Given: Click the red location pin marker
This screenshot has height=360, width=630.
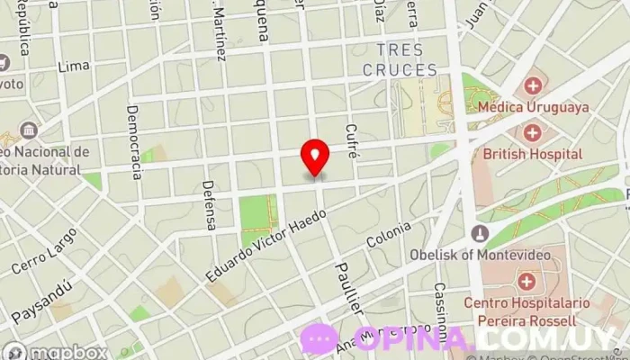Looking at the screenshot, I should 315,158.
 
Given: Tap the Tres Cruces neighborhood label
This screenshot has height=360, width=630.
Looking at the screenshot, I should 400,59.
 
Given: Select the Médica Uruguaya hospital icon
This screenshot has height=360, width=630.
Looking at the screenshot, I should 534,87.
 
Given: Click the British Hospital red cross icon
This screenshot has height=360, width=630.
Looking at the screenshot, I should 533,133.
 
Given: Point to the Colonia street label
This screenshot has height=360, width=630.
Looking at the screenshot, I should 389,236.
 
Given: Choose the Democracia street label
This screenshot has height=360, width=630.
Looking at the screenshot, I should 134,140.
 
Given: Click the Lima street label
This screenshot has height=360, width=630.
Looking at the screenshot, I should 73,67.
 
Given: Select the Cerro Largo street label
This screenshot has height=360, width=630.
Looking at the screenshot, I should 45,251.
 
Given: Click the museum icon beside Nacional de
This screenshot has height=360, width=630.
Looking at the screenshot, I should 28,130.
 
